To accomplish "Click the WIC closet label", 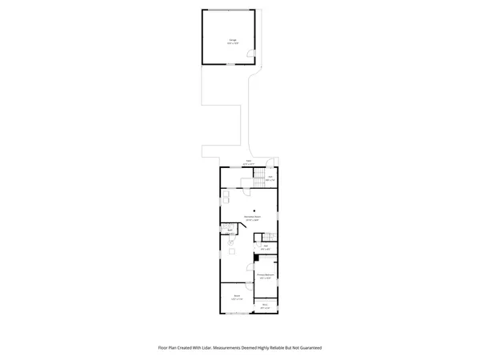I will [x=265, y=304].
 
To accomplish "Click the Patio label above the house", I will [x=249, y=161].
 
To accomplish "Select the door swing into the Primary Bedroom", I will [x=262, y=264].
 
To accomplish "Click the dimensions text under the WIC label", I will [x=265, y=308].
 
